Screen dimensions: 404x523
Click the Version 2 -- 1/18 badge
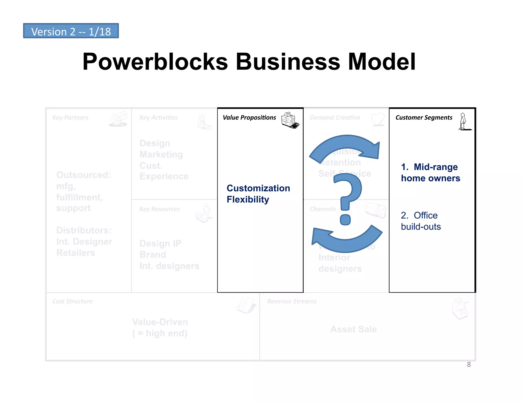click(x=71, y=31)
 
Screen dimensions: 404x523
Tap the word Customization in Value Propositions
click(x=258, y=188)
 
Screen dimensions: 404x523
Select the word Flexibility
click(x=248, y=199)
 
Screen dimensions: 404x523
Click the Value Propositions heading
click(x=249, y=117)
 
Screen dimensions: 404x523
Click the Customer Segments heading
click(x=424, y=117)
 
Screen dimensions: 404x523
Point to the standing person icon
click(x=463, y=122)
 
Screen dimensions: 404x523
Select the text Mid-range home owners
click(x=430, y=173)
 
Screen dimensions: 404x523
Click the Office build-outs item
click(x=421, y=221)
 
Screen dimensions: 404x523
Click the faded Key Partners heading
click(x=70, y=117)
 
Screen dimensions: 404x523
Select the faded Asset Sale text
click(x=353, y=329)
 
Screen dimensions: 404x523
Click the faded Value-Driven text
click(x=160, y=322)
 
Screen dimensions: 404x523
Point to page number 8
click(x=469, y=364)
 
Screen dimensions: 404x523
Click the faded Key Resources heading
click(x=159, y=209)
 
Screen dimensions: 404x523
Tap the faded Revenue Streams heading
click(x=292, y=301)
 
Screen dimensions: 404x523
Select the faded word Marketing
click(x=161, y=155)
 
